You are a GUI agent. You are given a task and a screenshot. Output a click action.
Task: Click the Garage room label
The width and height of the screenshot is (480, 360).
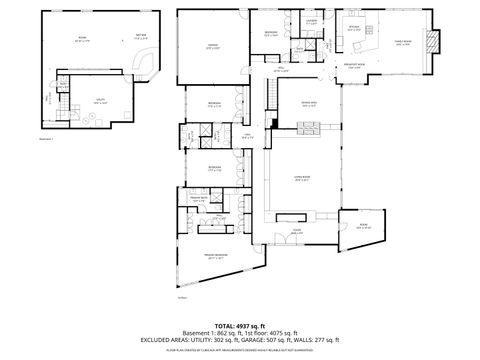pyautogui.click(x=212, y=46)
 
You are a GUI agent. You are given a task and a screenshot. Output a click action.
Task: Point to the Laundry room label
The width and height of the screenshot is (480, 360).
pyautogui.click(x=311, y=22)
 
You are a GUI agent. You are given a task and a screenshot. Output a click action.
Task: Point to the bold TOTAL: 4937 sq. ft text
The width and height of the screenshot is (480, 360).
pyautogui.click(x=239, y=324)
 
